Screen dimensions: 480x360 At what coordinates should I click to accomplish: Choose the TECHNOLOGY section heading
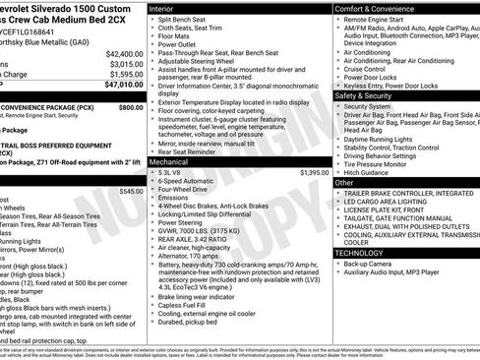360,253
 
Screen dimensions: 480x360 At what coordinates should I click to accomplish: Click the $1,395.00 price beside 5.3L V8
311,172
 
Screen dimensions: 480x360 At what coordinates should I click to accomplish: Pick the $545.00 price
131,191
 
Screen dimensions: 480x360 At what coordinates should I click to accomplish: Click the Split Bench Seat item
185,19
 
